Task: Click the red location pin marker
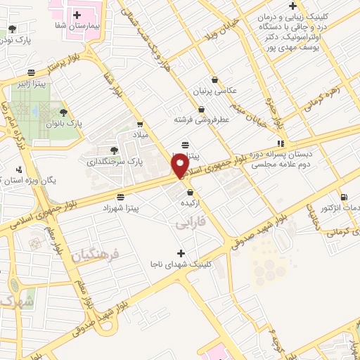(x=181, y=165)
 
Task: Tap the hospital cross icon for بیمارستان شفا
(x=77, y=14)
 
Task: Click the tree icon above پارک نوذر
(x=13, y=29)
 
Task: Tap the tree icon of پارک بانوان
(x=64, y=112)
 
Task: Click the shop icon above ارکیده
(x=190, y=193)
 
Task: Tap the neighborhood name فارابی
(x=189, y=223)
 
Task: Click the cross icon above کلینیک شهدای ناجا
(x=181, y=253)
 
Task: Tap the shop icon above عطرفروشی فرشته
(x=202, y=109)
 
